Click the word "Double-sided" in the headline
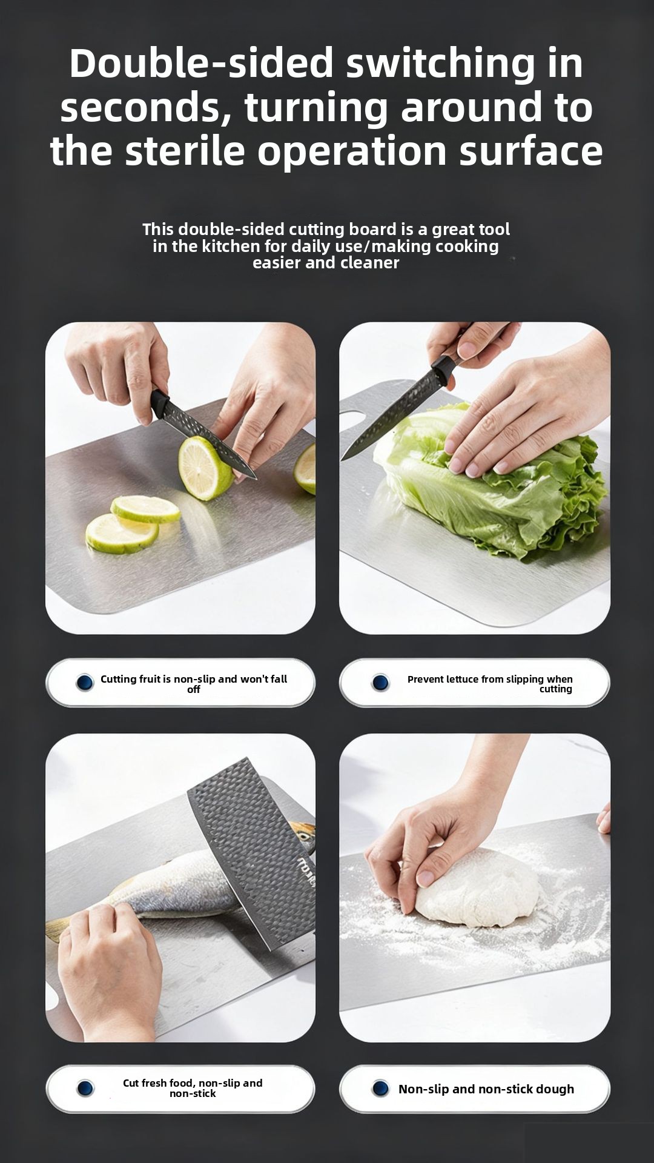tap(202, 63)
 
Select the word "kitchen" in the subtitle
tap(231, 246)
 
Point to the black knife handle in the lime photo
tap(160, 403)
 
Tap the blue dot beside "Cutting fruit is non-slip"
tap(85, 683)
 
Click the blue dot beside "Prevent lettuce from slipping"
tap(380, 683)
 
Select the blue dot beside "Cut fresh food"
tap(85, 1088)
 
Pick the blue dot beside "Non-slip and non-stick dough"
tap(380, 1088)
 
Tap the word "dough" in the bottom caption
tap(554, 1089)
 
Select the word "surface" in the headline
tap(531, 151)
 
